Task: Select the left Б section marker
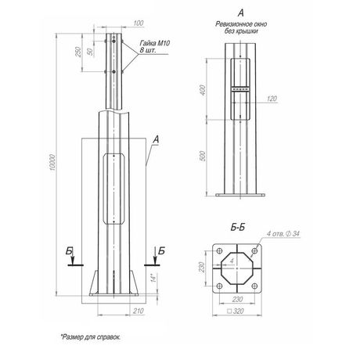[x=71, y=250]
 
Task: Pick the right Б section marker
[x=160, y=250]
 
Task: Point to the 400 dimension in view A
[x=202, y=91]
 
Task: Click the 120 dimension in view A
[x=272, y=99]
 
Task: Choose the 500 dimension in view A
[x=202, y=156]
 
